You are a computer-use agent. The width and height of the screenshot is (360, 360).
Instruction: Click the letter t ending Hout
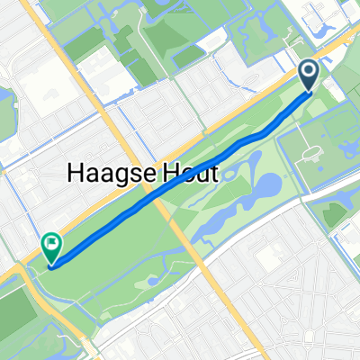click(x=212, y=175)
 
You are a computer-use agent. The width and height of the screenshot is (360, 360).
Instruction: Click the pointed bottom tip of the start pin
click(x=308, y=91)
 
